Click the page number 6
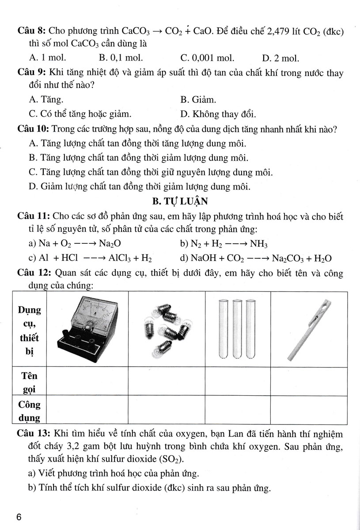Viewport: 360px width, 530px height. click(x=19, y=517)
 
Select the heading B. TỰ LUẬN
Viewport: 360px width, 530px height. click(x=180, y=202)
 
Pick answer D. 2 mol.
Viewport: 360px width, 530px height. click(x=280, y=57)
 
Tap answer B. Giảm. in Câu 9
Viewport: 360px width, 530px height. click(x=198, y=99)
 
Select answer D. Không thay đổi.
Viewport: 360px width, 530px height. click(x=218, y=114)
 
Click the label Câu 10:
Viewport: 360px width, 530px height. click(x=33, y=129)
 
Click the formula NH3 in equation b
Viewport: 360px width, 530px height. click(x=259, y=244)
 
